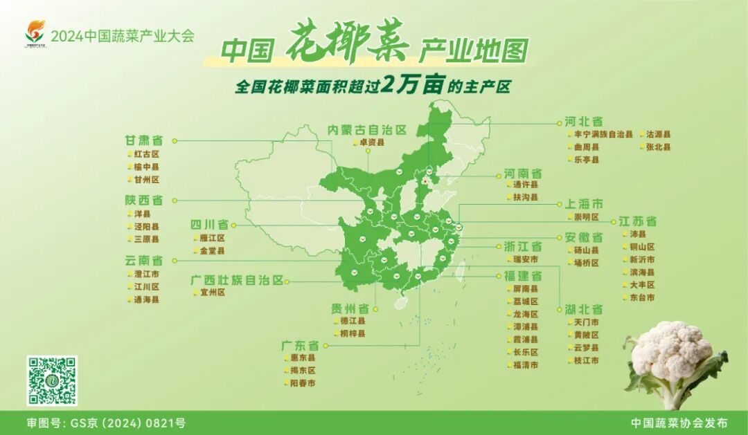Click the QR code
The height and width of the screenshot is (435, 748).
click(x=52, y=381)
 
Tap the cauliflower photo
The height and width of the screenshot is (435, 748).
click(x=675, y=363)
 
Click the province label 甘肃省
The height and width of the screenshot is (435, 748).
click(x=143, y=140)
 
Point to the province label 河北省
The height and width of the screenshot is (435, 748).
click(x=583, y=122)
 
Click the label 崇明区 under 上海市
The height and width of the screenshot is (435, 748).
click(x=585, y=216)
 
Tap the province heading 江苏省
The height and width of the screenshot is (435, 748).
click(x=637, y=221)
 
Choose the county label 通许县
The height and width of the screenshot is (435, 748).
click(x=526, y=185)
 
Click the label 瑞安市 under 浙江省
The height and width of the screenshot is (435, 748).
click(x=526, y=259)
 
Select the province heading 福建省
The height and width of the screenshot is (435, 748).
click(x=523, y=276)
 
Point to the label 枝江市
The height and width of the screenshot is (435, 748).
click(x=586, y=360)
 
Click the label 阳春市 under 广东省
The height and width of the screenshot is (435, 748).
click(x=303, y=382)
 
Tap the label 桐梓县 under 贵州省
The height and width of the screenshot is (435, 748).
click(x=353, y=333)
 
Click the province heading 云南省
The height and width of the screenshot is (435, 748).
click(x=143, y=261)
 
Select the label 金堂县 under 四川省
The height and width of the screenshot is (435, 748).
click(x=212, y=251)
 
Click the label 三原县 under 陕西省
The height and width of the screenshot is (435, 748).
click(x=146, y=239)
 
